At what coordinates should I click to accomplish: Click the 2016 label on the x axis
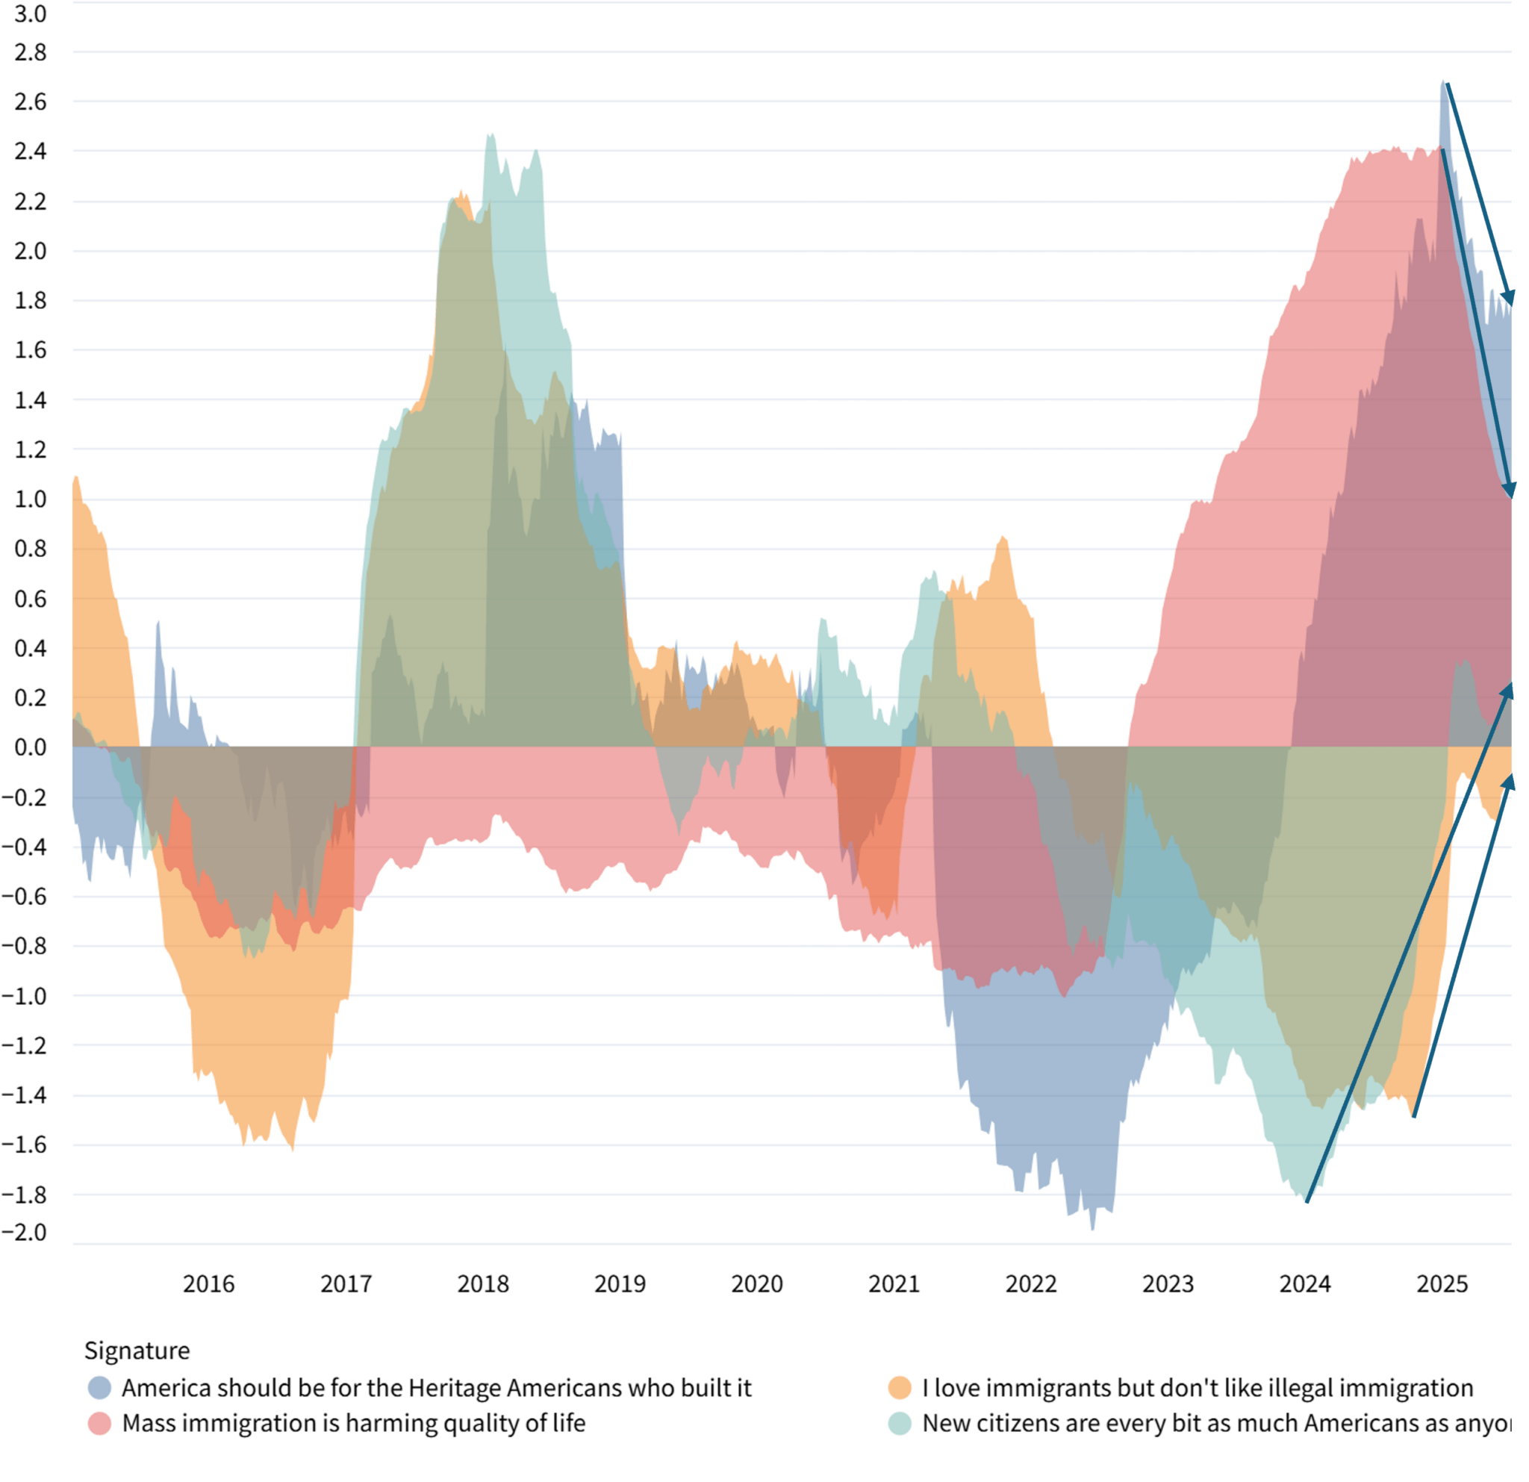tap(208, 1283)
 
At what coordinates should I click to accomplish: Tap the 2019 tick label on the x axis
tap(620, 1283)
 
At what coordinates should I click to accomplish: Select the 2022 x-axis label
tap(1030, 1283)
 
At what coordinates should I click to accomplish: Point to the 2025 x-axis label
tap(1442, 1283)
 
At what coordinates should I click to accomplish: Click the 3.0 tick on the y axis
tap(31, 14)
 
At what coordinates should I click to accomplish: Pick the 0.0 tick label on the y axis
tap(31, 747)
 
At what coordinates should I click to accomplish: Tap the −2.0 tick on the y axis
tap(24, 1233)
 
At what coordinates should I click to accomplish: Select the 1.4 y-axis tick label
tap(31, 400)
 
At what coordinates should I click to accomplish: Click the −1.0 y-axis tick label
tap(24, 996)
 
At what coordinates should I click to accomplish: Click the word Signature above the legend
tap(137, 1350)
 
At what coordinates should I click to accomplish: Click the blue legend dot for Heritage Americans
tap(100, 1388)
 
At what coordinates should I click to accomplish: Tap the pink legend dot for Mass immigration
tap(100, 1423)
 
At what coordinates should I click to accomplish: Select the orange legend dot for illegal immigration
tap(900, 1388)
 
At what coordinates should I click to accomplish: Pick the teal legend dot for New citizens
tap(900, 1423)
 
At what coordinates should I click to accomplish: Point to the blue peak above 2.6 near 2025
tap(1443, 83)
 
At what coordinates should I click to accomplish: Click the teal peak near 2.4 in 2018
tap(490, 136)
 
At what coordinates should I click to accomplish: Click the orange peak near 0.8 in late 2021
tap(1003, 538)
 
